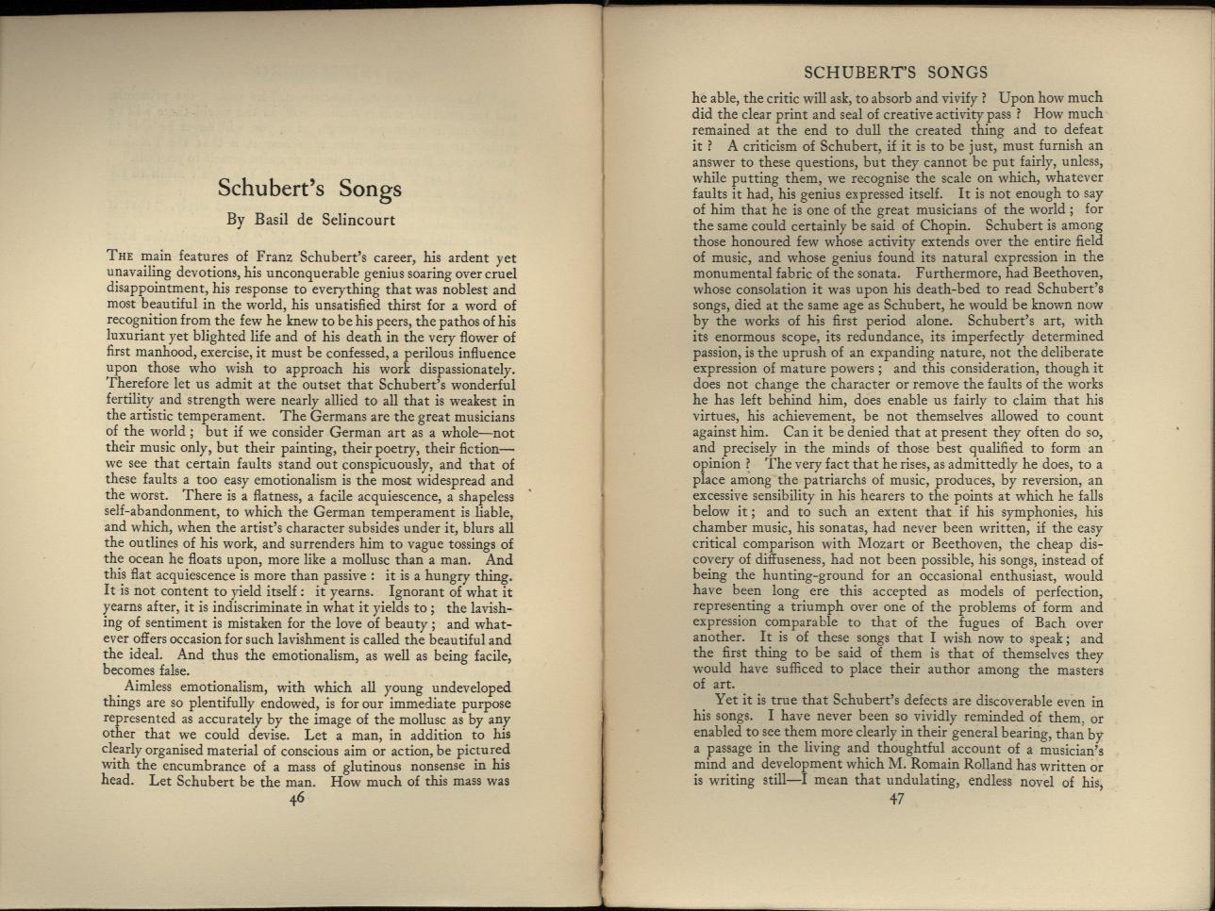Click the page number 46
(297, 798)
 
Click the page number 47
(896, 800)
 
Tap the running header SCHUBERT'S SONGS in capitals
(894, 73)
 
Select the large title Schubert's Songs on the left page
(309, 187)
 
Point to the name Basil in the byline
(275, 220)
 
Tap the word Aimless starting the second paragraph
(155, 687)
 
